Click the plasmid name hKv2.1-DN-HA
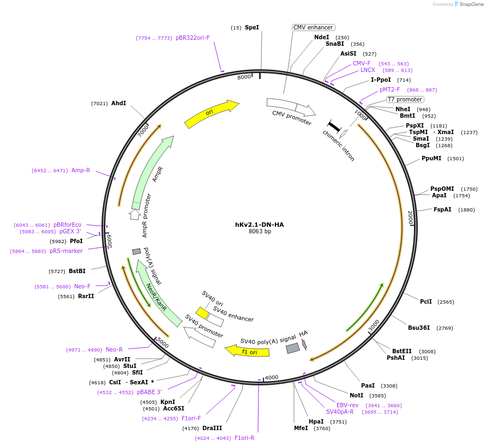[x=259, y=225]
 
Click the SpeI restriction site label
[x=252, y=27]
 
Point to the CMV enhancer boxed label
[x=313, y=27]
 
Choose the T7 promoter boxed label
[x=405, y=99]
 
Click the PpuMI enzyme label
[x=431, y=159]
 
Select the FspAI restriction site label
[x=442, y=210]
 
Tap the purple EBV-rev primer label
[x=347, y=405]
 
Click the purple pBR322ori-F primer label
[x=193, y=38]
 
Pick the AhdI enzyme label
[x=118, y=103]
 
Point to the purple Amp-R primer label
[x=81, y=170]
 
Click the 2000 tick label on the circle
[x=411, y=218]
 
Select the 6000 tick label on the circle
[x=109, y=240]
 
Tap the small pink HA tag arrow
[x=304, y=343]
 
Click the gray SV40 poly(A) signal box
[x=293, y=348]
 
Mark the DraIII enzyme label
[x=212, y=428]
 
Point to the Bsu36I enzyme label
[x=419, y=328]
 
